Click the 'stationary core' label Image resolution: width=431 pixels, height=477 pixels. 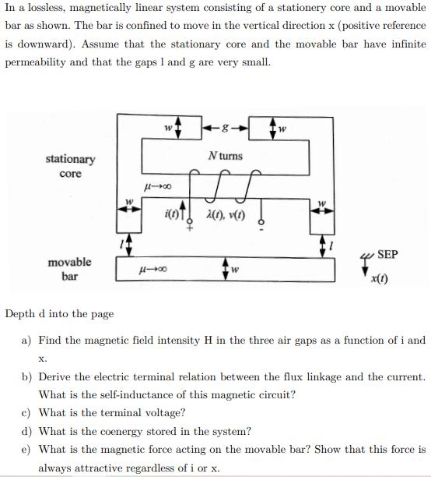pyautogui.click(x=70, y=166)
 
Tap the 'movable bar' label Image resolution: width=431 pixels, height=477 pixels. pyautogui.click(x=69, y=269)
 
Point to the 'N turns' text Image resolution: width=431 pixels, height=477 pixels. pyautogui.click(x=226, y=156)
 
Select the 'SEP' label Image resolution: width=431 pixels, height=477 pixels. pyautogui.click(x=387, y=255)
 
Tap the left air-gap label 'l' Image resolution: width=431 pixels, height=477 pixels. pyautogui.click(x=118, y=245)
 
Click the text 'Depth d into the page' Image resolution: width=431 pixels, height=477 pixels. pyautogui.click(x=59, y=314)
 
